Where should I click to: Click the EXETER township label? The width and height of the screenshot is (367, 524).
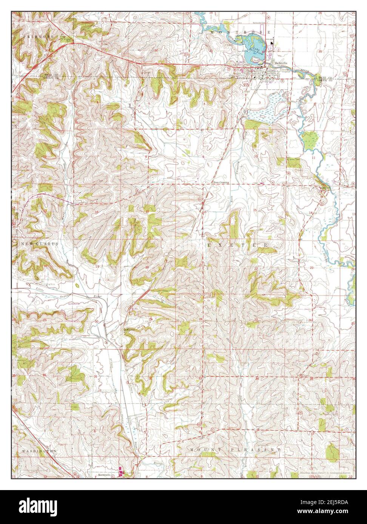click(x=238, y=245)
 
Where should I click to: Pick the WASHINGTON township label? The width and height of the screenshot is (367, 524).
click(x=39, y=451)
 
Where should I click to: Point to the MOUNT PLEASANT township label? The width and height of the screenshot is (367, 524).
click(x=236, y=450)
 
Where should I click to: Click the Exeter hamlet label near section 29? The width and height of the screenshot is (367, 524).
click(x=130, y=329)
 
